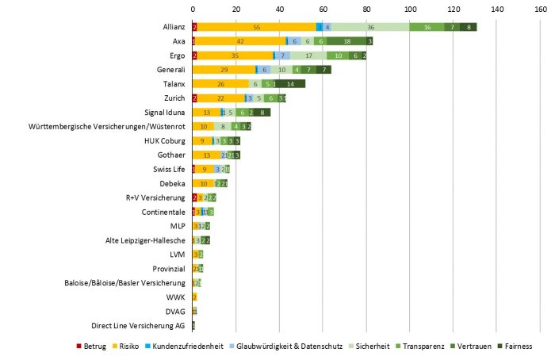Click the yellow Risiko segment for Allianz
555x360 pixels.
[256, 27]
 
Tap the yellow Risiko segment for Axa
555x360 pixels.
[239, 41]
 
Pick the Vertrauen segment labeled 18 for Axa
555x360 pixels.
[347, 41]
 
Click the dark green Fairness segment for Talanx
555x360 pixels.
[290, 83]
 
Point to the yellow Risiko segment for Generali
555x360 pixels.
[224, 70]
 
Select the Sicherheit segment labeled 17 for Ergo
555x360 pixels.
[308, 56]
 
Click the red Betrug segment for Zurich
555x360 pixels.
[194, 98]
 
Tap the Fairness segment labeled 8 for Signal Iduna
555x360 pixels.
[262, 112]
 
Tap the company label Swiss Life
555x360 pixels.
[169, 170]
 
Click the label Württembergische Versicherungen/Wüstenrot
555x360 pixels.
[107, 126]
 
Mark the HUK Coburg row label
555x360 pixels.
[164, 140]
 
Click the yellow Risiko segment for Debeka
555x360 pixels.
[203, 183]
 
